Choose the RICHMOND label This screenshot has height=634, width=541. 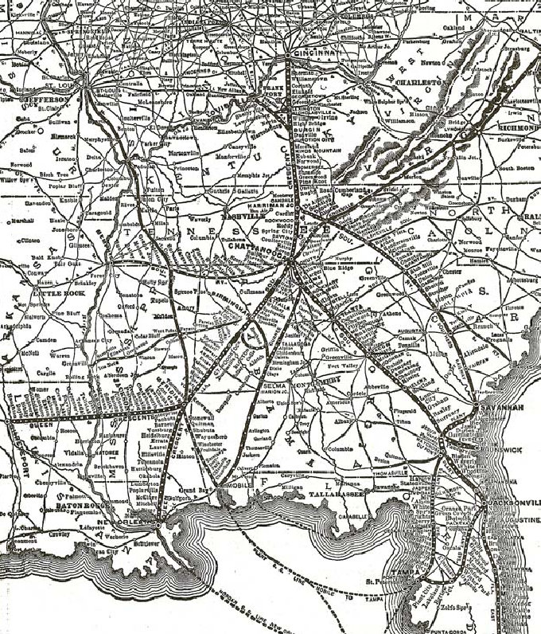click(518, 127)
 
